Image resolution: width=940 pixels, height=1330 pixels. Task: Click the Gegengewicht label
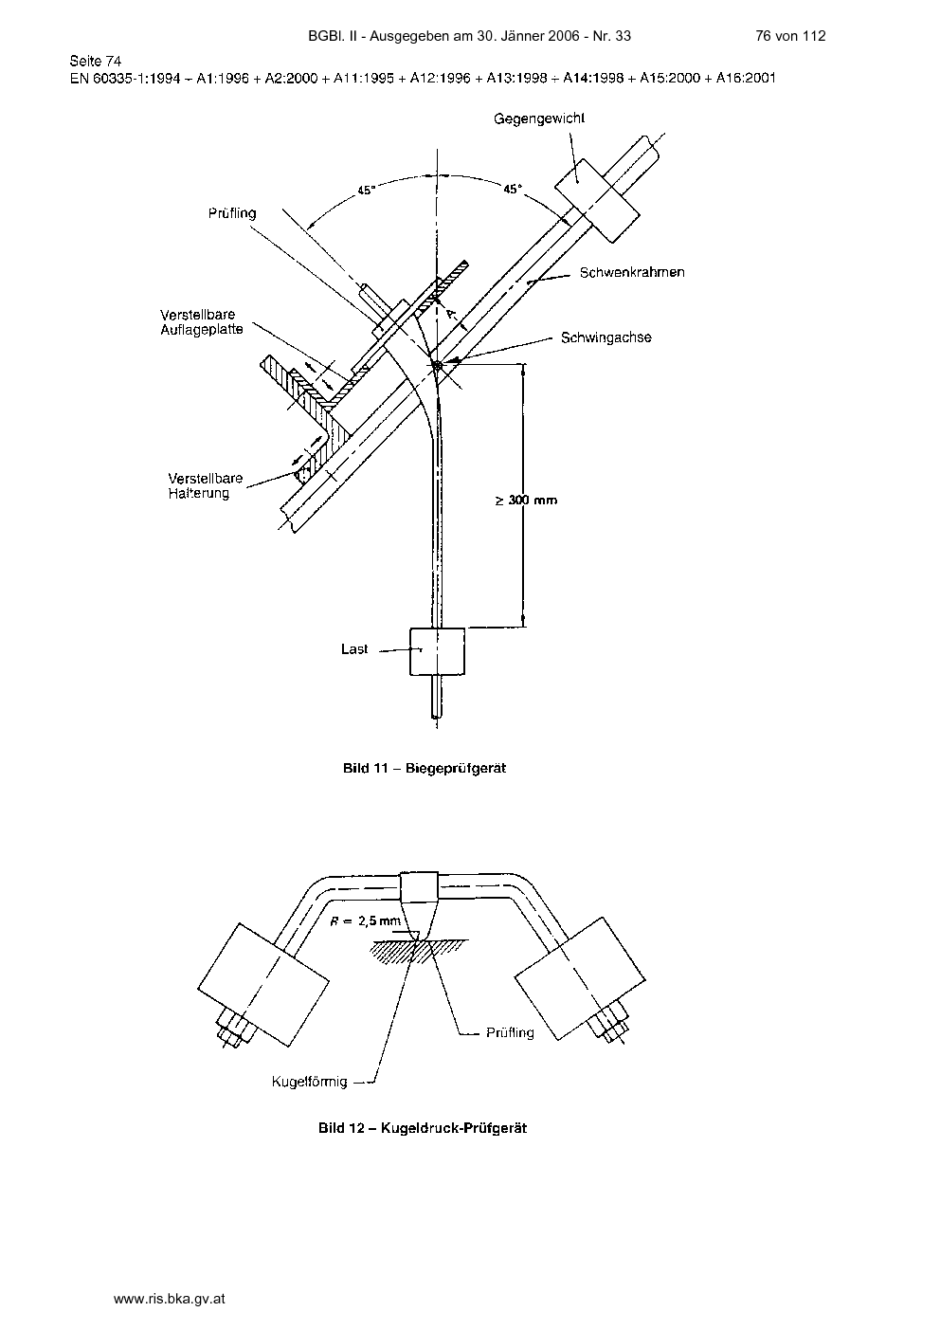[x=539, y=118]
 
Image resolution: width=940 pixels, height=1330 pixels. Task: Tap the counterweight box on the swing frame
[x=597, y=200]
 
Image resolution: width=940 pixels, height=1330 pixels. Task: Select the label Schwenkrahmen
[x=632, y=272]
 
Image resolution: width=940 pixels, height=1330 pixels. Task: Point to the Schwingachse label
[x=606, y=337]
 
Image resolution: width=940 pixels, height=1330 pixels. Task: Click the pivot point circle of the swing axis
[x=438, y=366]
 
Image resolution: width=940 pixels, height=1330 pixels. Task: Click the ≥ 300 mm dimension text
[x=526, y=501]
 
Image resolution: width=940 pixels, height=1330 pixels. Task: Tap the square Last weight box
[x=437, y=651]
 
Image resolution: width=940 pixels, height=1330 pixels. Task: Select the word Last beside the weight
[x=354, y=649]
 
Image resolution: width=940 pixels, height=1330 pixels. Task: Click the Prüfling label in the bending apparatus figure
[x=232, y=213]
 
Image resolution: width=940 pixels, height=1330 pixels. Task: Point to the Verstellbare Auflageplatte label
[x=202, y=322]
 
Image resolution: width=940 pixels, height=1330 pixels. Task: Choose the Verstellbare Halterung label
[x=206, y=485]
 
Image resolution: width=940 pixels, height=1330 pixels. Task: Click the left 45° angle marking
[x=366, y=191]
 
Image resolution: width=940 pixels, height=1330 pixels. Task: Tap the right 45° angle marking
[x=513, y=190]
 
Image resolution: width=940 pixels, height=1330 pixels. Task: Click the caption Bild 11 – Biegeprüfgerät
[x=425, y=768]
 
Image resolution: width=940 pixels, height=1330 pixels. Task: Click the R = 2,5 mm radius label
[x=366, y=920]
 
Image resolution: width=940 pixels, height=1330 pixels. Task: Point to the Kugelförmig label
[x=309, y=1082]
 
